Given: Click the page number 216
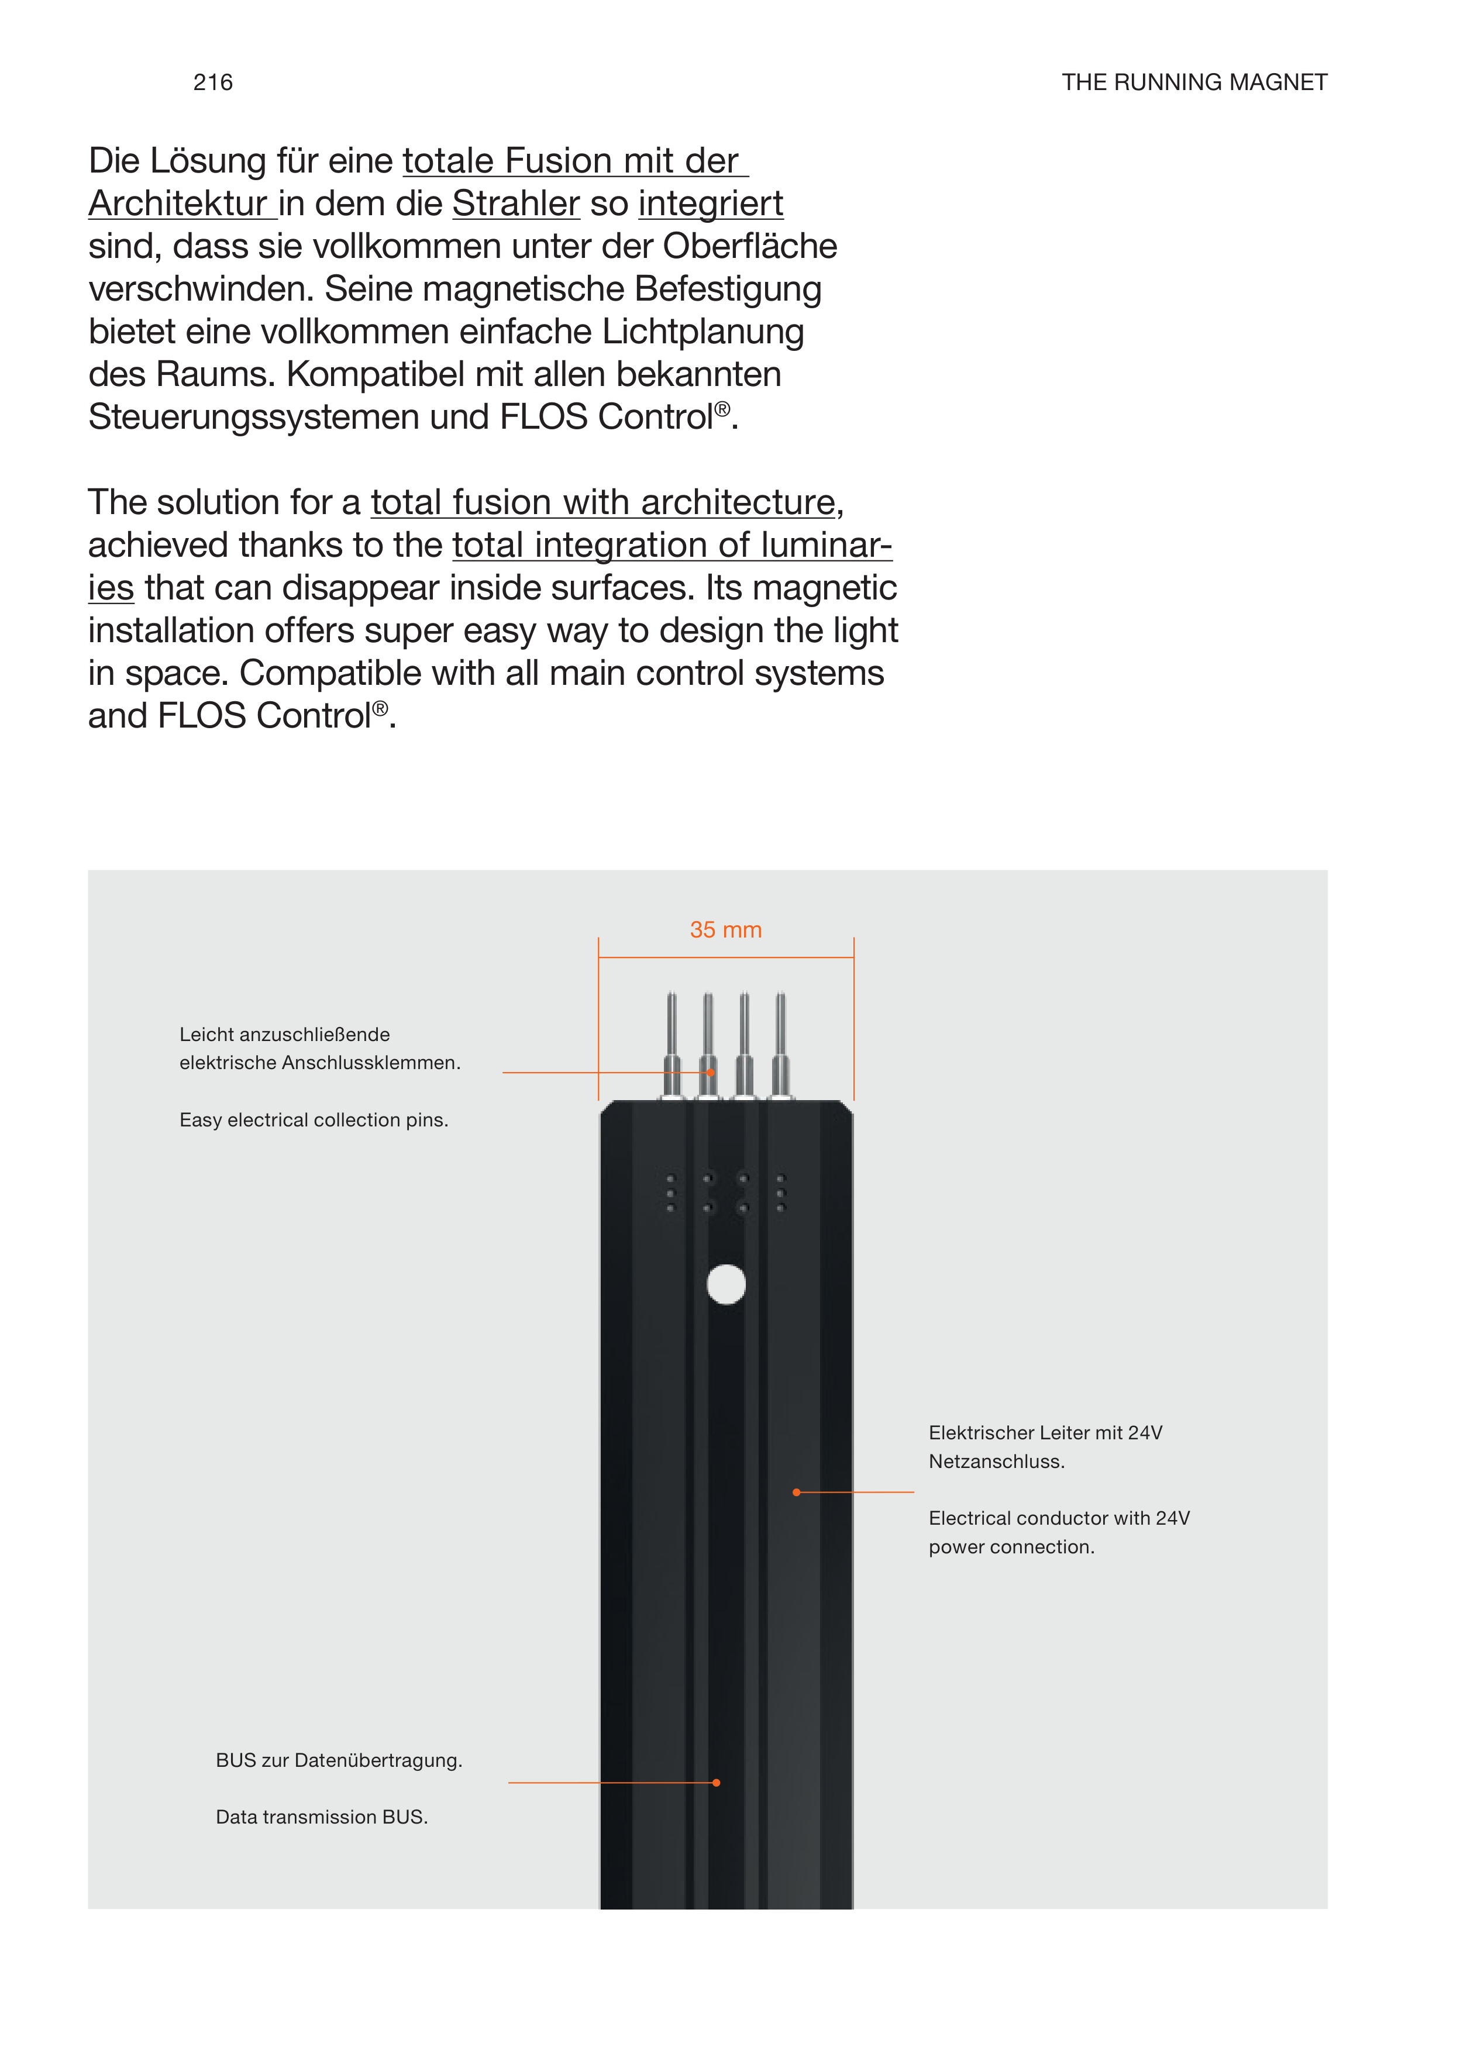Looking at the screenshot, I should [213, 82].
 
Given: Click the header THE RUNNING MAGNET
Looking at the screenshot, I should [1193, 82].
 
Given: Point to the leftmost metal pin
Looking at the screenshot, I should [672, 1043].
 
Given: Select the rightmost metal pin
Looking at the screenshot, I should [780, 1043].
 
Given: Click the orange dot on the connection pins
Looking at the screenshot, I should [710, 1073].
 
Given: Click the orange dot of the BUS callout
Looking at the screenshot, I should [717, 1783].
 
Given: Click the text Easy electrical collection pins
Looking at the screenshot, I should [314, 1120].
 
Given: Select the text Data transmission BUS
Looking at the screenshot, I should [322, 1817].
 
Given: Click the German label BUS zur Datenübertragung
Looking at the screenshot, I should [339, 1760].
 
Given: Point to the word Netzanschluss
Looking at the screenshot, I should [996, 1462].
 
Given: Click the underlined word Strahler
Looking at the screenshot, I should [516, 204].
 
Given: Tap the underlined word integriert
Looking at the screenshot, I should [710, 204].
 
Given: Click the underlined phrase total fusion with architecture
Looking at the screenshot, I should [603, 502].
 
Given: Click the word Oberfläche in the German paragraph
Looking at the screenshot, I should [750, 246].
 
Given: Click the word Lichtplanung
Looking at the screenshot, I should [703, 332].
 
